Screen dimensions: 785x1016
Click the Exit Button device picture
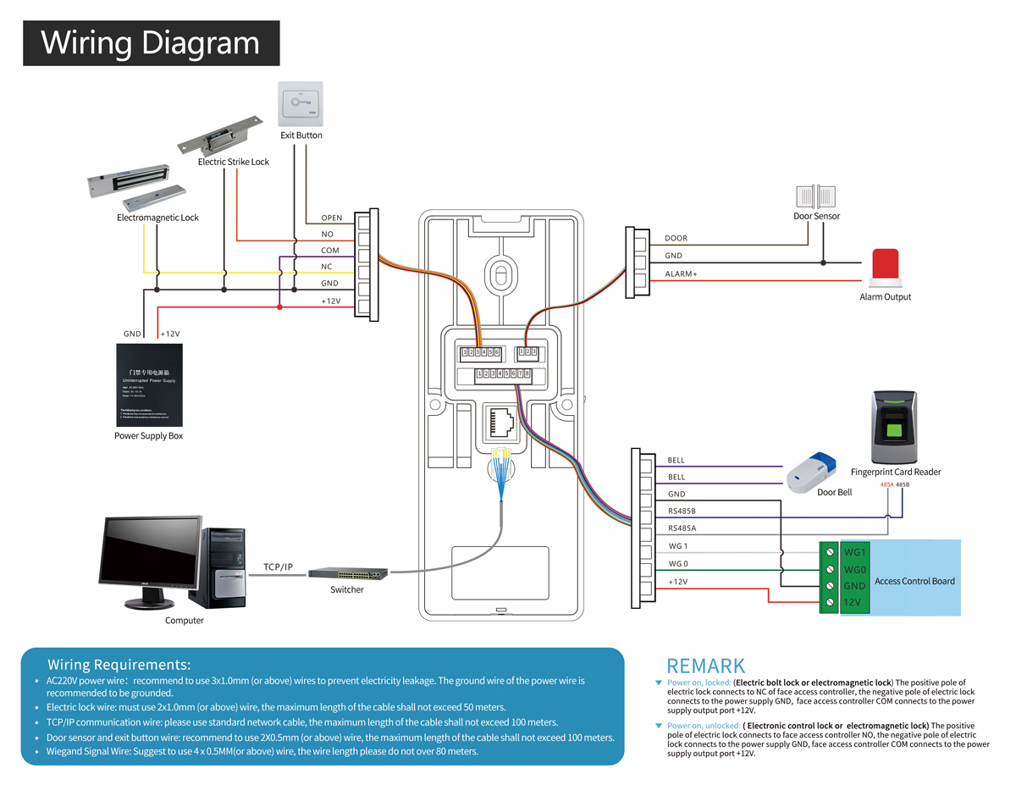[301, 104]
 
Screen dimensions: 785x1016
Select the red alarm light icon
[885, 267]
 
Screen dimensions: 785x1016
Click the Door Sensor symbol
[814, 197]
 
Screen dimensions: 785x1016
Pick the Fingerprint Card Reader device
[895, 427]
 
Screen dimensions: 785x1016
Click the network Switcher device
[348, 573]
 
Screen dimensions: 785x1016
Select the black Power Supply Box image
[149, 384]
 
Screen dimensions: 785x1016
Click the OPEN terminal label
[332, 218]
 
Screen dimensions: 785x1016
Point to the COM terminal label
[330, 251]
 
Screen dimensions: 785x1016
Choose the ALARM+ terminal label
[681, 274]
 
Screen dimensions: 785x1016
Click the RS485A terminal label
[682, 528]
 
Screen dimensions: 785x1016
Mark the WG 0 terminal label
[678, 564]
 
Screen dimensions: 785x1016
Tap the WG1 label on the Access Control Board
[854, 553]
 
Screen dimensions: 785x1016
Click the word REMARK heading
[706, 666]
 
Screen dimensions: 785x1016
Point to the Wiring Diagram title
[151, 42]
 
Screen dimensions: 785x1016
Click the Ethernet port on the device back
[501, 420]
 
